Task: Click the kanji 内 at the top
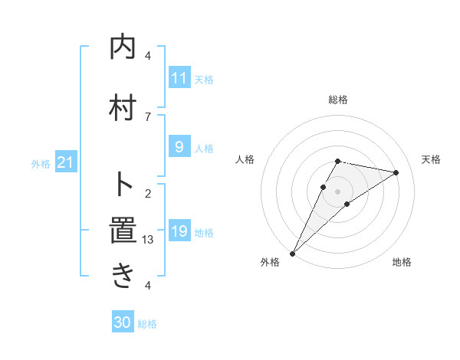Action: [x=123, y=47]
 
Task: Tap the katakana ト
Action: [x=123, y=184]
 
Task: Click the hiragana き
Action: [x=123, y=276]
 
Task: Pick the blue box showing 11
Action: [x=179, y=79]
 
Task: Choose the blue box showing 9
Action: [x=179, y=147]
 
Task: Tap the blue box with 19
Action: [x=179, y=231]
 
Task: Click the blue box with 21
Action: [x=65, y=164]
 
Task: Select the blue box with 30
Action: [x=123, y=323]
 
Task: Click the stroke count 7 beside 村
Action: [x=148, y=116]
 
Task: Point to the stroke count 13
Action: [x=149, y=240]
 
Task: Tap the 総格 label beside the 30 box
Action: [x=148, y=324]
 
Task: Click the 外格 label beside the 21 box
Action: [x=41, y=164]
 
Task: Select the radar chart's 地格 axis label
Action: [x=402, y=262]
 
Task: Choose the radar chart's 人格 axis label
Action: [x=245, y=159]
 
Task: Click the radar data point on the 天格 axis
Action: [x=396, y=172]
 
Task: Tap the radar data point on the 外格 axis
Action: [x=292, y=253]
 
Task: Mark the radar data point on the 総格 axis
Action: [x=337, y=161]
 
